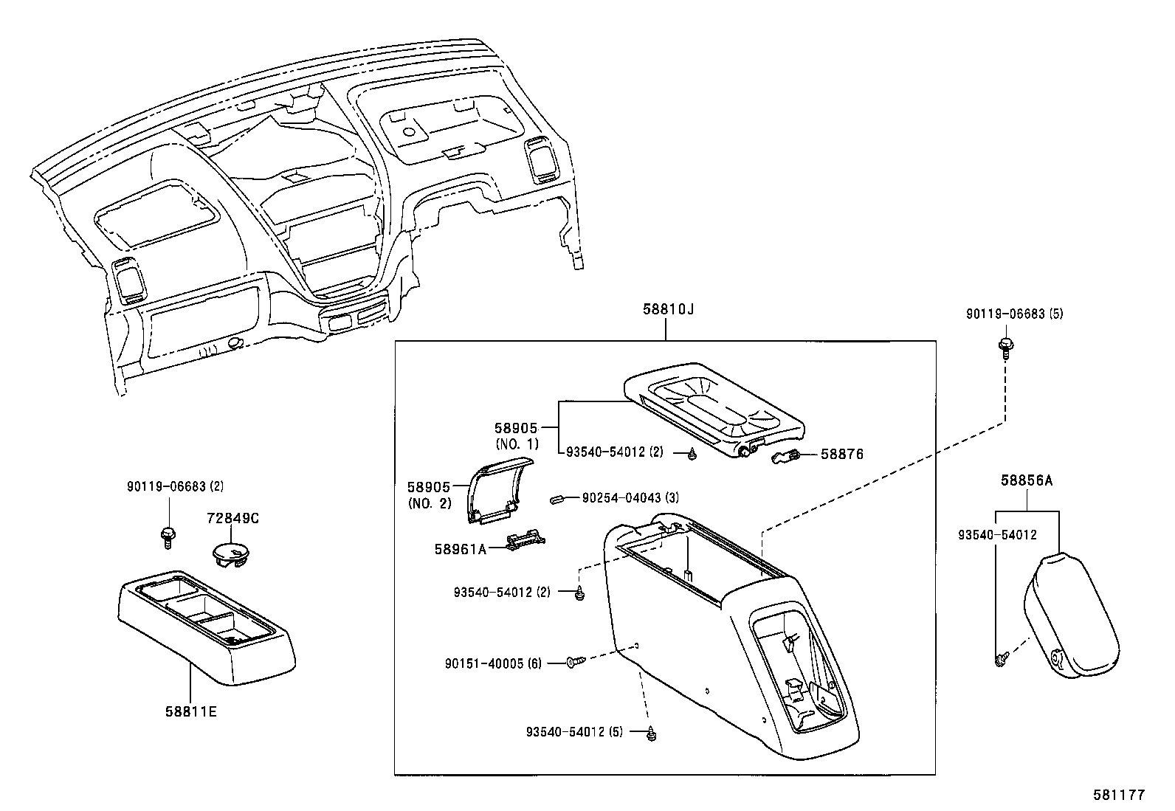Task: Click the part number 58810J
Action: click(667, 310)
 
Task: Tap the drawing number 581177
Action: click(1118, 796)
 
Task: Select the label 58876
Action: click(842, 455)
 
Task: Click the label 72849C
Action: click(232, 519)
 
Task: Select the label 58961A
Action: click(461, 548)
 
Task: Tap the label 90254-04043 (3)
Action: click(630, 498)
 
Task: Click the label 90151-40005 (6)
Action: click(493, 663)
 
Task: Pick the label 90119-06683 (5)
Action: click(1015, 314)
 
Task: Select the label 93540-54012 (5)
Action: click(575, 732)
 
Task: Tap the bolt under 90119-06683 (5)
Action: click(1005, 346)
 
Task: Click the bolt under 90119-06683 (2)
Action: click(167, 535)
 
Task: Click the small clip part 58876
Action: click(787, 459)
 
